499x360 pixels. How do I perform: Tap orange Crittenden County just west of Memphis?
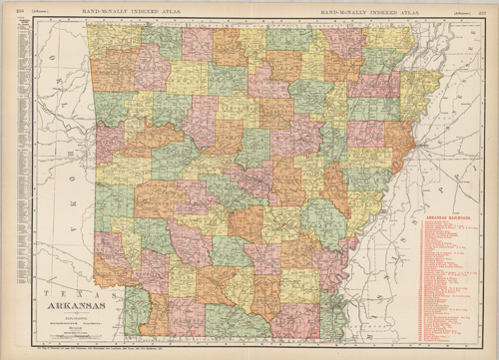400,140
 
